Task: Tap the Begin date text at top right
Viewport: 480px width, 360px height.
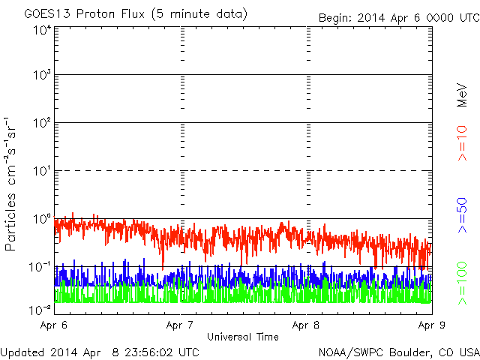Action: pyautogui.click(x=397, y=17)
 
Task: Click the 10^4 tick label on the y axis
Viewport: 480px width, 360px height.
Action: pyautogui.click(x=42, y=31)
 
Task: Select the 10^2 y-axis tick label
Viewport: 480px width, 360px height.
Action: pyautogui.click(x=42, y=124)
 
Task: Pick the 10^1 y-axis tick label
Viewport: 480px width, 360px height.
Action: pyautogui.click(x=42, y=172)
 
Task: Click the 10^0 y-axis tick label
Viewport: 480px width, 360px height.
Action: pyautogui.click(x=42, y=220)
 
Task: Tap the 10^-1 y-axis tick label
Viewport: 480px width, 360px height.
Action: pyautogui.click(x=40, y=267)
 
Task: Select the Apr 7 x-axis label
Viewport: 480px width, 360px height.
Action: pyautogui.click(x=181, y=325)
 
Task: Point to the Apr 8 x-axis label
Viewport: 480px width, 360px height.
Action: pyautogui.click(x=306, y=325)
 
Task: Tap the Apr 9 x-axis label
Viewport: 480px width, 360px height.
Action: pyautogui.click(x=430, y=325)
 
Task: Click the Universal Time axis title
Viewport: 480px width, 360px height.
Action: pyautogui.click(x=243, y=337)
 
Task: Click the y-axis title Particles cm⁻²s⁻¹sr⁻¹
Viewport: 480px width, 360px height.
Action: pyautogui.click(x=11, y=184)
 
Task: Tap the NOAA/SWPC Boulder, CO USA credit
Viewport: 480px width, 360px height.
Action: pyautogui.click(x=398, y=352)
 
